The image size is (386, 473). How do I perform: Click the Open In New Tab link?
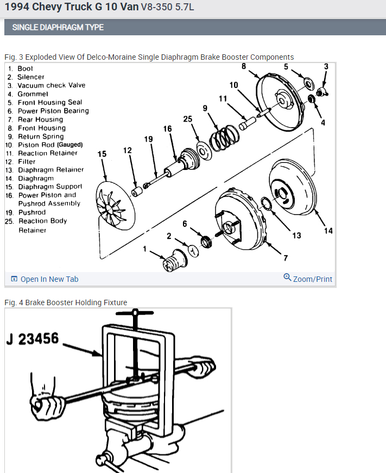49,279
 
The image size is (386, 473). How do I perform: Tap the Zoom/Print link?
312,279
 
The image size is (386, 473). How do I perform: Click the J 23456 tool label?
34,339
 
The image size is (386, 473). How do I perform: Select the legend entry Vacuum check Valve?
51,85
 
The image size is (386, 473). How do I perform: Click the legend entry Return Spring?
41,136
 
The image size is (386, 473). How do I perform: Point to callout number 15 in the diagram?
102,154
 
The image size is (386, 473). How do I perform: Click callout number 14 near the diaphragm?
328,231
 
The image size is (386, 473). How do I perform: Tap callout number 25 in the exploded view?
188,119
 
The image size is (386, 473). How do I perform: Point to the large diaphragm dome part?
293,185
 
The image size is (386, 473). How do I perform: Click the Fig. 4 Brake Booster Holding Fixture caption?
65,302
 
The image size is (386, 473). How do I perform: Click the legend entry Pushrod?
32,212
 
